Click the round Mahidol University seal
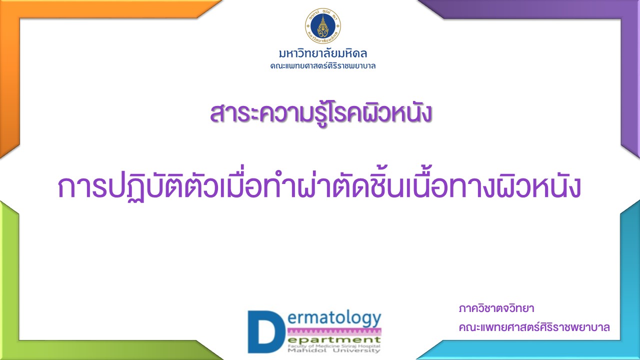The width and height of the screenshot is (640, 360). coord(323,25)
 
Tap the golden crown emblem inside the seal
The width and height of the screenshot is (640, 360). coord(323,25)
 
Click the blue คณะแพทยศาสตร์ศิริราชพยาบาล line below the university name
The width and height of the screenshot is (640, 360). coord(323,66)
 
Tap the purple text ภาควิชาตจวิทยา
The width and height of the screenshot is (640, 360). coord(496,309)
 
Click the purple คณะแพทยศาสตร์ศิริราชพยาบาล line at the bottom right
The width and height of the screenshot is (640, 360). coord(534,327)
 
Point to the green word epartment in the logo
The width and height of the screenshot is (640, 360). coord(334,340)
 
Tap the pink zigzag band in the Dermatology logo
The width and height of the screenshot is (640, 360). coord(334,332)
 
